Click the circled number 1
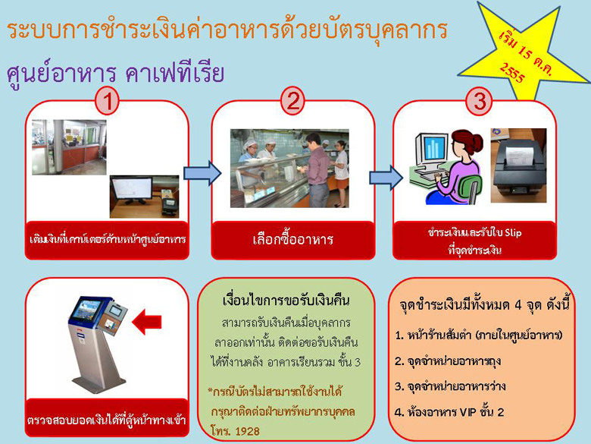(x=108, y=101)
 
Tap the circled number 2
(x=293, y=101)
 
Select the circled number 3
(x=479, y=101)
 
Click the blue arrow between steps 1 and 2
(x=202, y=173)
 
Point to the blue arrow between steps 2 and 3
(x=386, y=178)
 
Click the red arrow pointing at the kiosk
(x=147, y=322)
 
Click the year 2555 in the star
(x=512, y=73)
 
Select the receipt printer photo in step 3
(x=518, y=165)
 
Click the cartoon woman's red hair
(x=467, y=141)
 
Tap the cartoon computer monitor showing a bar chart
(x=433, y=150)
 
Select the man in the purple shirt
(x=317, y=170)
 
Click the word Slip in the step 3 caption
(x=513, y=233)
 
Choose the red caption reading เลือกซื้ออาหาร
(x=293, y=240)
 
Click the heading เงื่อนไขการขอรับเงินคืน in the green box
(x=286, y=301)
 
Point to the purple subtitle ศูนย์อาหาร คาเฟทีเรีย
(x=115, y=73)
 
